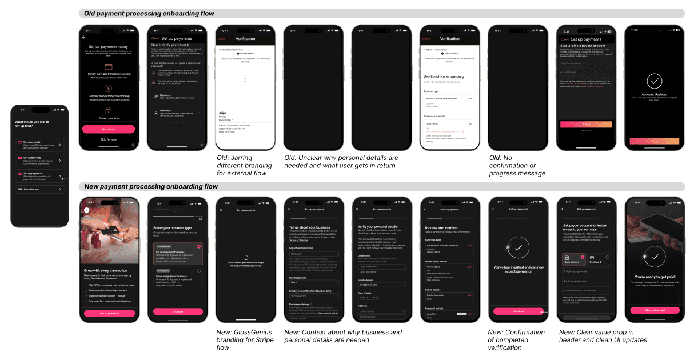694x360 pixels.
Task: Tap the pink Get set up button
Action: click(x=109, y=129)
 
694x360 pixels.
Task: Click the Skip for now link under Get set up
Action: click(x=109, y=139)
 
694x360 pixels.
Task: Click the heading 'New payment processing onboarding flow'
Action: click(x=151, y=186)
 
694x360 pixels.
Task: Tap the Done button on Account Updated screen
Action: click(x=655, y=141)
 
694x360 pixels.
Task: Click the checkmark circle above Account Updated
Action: click(x=655, y=81)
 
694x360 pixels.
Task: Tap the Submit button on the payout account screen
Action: click(x=586, y=124)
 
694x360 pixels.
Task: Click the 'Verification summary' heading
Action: click(x=444, y=77)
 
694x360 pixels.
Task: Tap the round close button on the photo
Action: click(x=86, y=210)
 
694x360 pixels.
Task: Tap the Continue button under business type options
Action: click(x=178, y=311)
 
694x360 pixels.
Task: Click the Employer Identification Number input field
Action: click(x=314, y=295)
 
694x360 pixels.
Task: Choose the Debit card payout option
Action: click(x=599, y=261)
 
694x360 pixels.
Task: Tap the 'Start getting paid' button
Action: click(x=655, y=310)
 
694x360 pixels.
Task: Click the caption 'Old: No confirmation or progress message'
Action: click(x=517, y=165)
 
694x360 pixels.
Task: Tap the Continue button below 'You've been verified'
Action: click(x=518, y=311)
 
